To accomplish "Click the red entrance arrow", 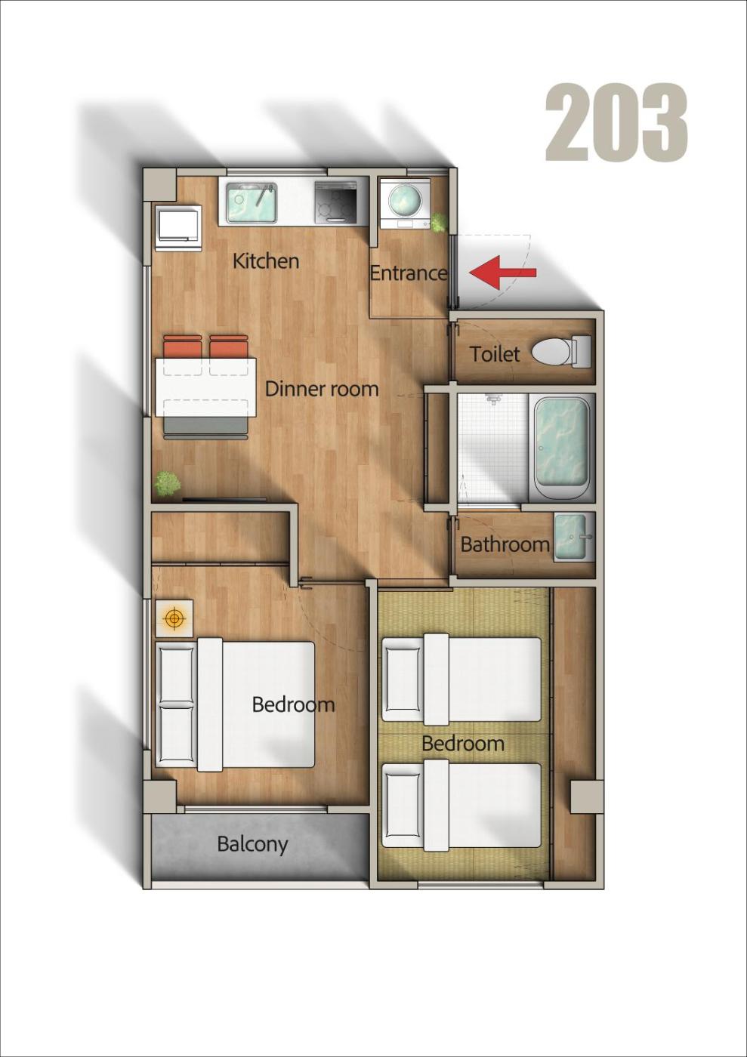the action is (503, 273).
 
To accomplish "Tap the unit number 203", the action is (616, 122).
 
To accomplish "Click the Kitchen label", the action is (266, 261).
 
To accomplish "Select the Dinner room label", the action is (322, 389).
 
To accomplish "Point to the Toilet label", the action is (495, 354).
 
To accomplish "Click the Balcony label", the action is (252, 844).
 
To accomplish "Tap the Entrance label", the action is (408, 273).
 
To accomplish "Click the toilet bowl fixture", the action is (561, 352).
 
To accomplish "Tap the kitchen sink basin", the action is (252, 202).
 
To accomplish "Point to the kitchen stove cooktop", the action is (336, 202).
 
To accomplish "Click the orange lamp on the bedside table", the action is (174, 618).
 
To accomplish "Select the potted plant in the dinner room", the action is (167, 483).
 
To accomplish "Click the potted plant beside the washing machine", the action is (439, 222).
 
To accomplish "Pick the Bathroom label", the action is (505, 544).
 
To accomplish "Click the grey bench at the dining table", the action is (206, 427).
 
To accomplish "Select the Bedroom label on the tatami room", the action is (463, 743).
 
